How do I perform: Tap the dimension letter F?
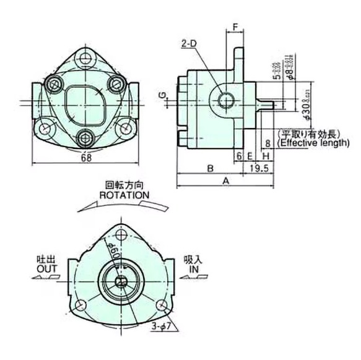click(x=235, y=27)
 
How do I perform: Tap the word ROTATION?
click(x=124, y=194)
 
